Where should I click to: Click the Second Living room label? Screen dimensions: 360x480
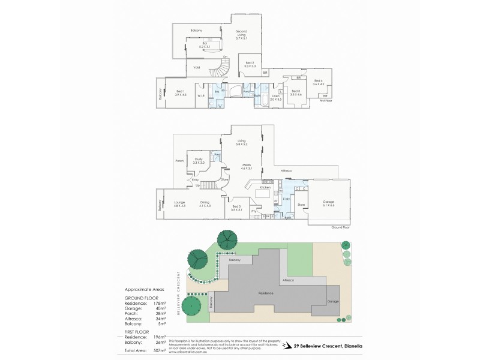tap(241, 34)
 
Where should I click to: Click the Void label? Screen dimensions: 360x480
tap(196, 67)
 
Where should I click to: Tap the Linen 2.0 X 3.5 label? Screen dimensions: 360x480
tap(276, 97)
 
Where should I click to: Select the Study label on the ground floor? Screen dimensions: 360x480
tap(199, 160)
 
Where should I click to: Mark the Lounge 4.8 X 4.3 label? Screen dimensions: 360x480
tap(179, 204)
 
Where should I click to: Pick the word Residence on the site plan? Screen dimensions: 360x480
tap(266, 293)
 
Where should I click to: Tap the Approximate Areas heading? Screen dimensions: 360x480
tap(142, 289)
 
